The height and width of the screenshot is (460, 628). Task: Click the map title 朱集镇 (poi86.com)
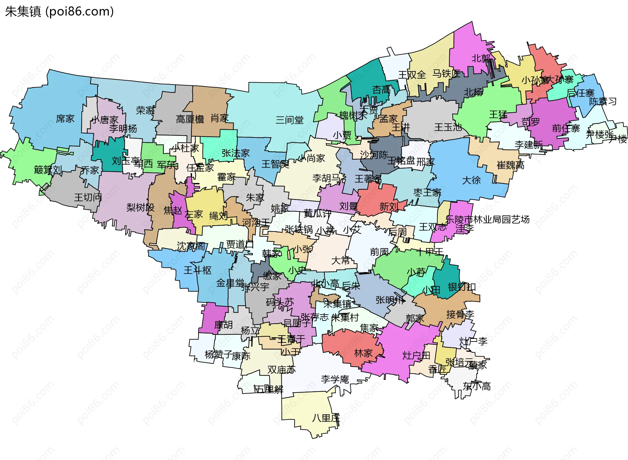pyautogui.click(x=59, y=11)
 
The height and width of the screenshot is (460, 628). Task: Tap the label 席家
pyautogui.click(x=65, y=119)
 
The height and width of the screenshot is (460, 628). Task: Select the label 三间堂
pyautogui.click(x=289, y=120)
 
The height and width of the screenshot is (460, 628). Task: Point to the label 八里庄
pyautogui.click(x=326, y=418)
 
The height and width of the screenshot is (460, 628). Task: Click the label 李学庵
pyautogui.click(x=335, y=379)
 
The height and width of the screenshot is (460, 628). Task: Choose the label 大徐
pyautogui.click(x=471, y=180)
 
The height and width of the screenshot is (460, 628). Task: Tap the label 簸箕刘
pyautogui.click(x=48, y=170)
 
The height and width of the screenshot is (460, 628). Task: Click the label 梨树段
pyautogui.click(x=140, y=207)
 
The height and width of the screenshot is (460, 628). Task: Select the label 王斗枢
pyautogui.click(x=198, y=270)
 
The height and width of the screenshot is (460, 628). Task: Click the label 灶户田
pyautogui.click(x=416, y=355)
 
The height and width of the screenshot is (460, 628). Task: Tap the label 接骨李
pyautogui.click(x=460, y=315)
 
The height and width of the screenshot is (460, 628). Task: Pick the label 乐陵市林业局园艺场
pyautogui.click(x=487, y=219)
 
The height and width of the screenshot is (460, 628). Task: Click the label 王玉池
pyautogui.click(x=448, y=127)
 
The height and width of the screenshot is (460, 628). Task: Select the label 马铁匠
pyautogui.click(x=446, y=74)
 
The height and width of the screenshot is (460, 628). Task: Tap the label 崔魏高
pyautogui.click(x=510, y=165)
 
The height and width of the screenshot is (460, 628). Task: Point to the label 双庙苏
pyautogui.click(x=281, y=370)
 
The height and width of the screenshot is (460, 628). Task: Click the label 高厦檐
pyautogui.click(x=190, y=119)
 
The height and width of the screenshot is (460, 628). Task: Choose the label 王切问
pyautogui.click(x=88, y=197)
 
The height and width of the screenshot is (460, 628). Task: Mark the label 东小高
pyautogui.click(x=477, y=386)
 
